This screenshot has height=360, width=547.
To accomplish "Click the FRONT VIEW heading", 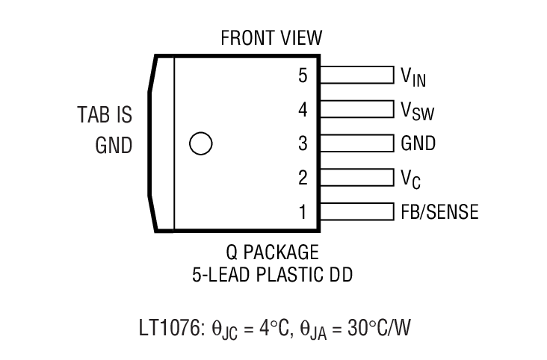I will coord(271,39).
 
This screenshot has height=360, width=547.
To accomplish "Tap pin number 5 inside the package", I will coord(302,75).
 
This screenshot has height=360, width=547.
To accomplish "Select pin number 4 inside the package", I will coord(302,110).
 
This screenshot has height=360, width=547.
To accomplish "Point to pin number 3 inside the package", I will coord(302,143).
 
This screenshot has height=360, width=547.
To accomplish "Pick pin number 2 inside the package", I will coord(302,178).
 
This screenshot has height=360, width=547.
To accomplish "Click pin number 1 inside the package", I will coord(302,212).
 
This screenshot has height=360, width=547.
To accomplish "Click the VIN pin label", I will coord(413,76).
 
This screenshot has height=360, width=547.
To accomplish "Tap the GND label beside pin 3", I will coord(418,143).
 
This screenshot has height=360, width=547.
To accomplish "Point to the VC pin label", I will coord(411,179).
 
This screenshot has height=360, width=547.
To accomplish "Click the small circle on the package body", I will coord(200,143).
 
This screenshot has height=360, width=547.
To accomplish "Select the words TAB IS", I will coord(104,116).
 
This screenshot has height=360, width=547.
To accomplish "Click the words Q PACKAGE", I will coord(271,250).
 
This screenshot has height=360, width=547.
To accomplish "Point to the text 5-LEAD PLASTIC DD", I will coord(271,275).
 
